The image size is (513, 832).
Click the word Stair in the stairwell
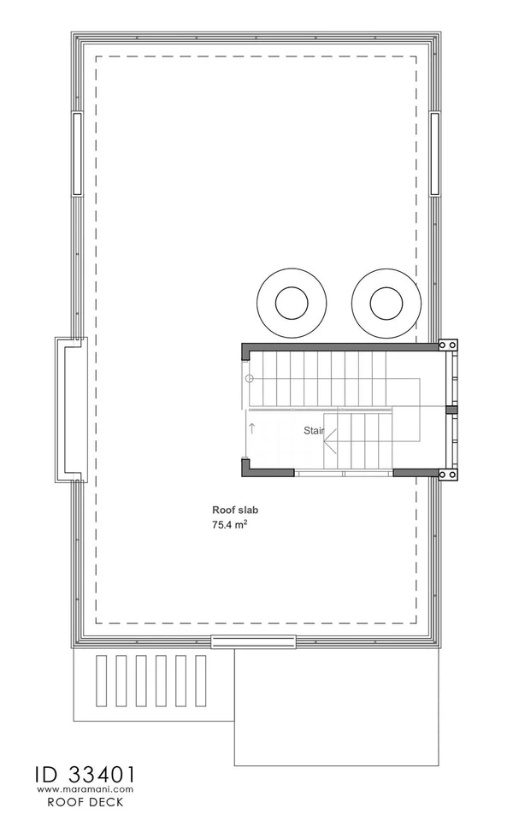click(313, 430)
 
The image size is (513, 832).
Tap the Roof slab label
click(235, 510)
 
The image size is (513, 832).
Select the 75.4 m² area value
click(230, 525)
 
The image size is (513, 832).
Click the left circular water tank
click(292, 304)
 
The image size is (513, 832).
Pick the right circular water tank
click(386, 304)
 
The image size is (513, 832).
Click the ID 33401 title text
click(85, 775)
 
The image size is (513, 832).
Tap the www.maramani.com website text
click(85, 789)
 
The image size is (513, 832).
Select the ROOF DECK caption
click(85, 802)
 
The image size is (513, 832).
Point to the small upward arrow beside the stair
click(251, 428)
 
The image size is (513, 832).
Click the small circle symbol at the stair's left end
click(250, 378)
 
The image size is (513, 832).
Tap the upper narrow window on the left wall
click(78, 154)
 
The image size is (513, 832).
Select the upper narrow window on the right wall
click(435, 154)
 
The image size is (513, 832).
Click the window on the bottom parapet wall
click(254, 641)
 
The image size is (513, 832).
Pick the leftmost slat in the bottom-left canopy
click(102, 681)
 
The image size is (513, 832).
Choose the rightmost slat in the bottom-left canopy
click(201, 681)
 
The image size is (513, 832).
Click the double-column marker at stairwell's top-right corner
click(448, 345)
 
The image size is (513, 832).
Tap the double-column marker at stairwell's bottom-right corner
click(448, 475)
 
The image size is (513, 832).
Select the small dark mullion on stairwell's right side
click(451, 410)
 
